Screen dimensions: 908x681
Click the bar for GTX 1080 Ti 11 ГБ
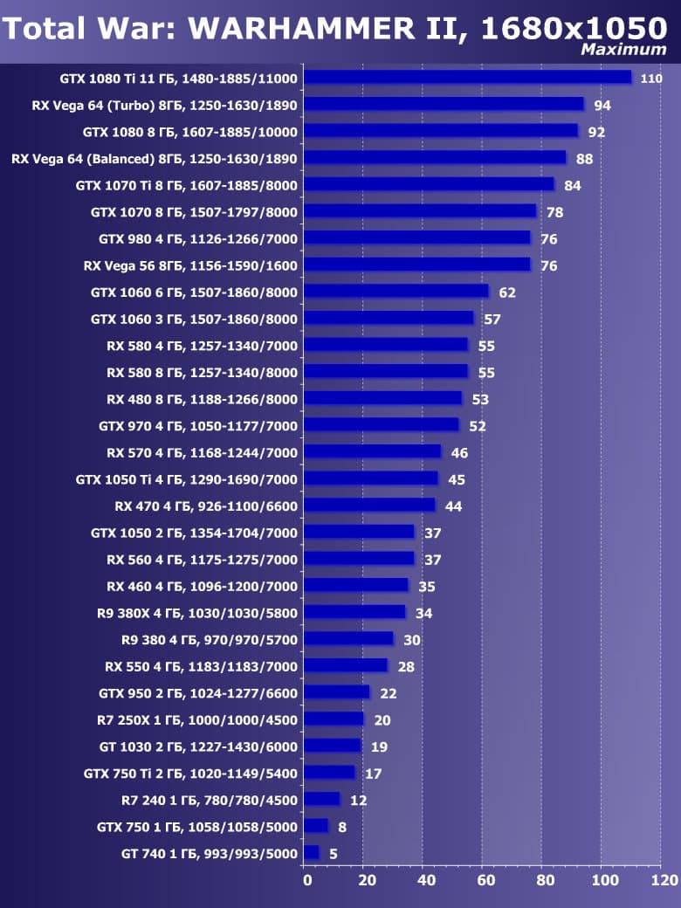point(468,78)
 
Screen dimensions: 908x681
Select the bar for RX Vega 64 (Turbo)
point(444,105)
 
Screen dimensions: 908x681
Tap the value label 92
point(597,133)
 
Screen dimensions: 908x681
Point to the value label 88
point(585,159)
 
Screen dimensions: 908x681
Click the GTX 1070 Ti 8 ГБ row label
point(187,185)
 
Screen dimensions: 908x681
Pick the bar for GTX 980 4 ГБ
point(418,238)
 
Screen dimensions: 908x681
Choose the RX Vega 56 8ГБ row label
point(190,265)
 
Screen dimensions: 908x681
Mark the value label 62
point(507,292)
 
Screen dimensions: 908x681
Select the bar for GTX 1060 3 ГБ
point(389,319)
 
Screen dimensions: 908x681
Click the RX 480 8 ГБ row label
point(202,399)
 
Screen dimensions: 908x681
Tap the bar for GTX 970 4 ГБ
point(382,425)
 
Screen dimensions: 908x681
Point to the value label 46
point(459,453)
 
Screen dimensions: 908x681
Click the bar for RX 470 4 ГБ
point(370,506)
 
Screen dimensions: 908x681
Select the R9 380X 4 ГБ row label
point(198,613)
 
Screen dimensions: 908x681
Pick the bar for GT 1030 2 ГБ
point(333,746)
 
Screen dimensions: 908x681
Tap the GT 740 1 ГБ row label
point(210,853)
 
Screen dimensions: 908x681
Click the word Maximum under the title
point(623,50)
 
